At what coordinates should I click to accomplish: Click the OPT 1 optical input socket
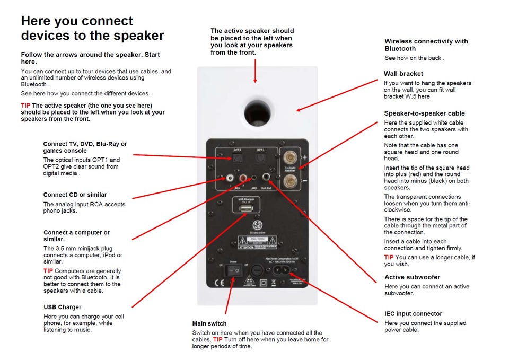[x=260, y=157]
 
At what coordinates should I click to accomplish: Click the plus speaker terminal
[x=291, y=157]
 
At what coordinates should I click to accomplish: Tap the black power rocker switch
[x=233, y=271]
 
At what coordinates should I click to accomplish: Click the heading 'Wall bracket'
[x=403, y=74]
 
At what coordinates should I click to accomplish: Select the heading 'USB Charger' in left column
[x=63, y=307]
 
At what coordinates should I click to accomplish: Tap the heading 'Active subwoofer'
[x=412, y=277]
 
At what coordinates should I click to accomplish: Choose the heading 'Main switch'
[x=209, y=323]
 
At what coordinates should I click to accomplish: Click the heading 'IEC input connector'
[x=413, y=314]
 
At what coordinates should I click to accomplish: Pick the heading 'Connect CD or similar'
[x=75, y=195]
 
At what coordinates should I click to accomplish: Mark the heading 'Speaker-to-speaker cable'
[x=424, y=113]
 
